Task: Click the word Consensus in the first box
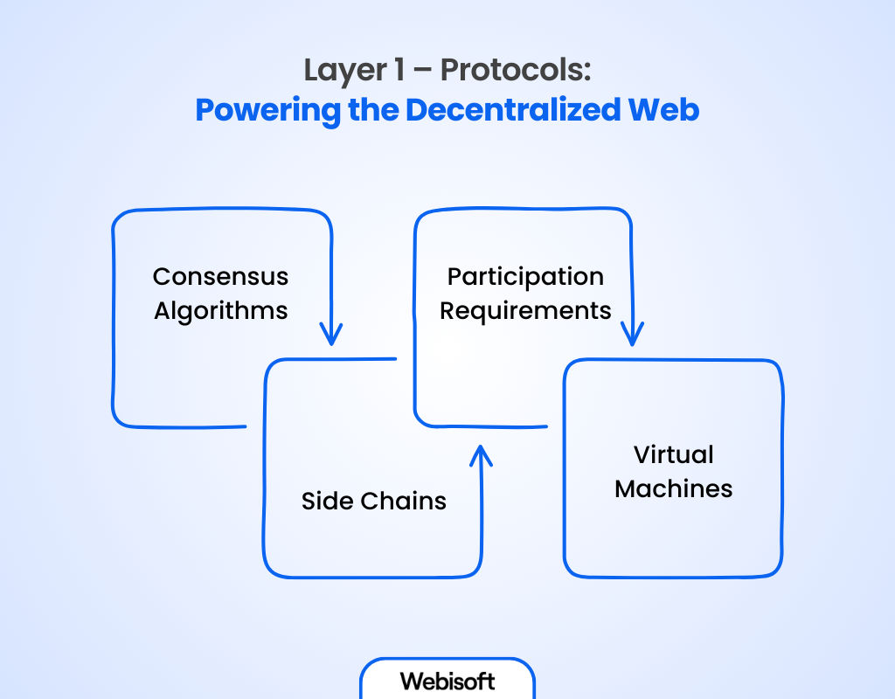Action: point(220,277)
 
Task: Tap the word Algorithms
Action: point(221,311)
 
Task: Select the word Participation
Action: point(525,277)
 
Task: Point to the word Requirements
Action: point(525,311)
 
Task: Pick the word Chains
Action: point(404,501)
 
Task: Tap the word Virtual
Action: point(674,455)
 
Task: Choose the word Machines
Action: point(674,489)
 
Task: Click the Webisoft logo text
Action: point(447,681)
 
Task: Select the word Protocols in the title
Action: point(515,70)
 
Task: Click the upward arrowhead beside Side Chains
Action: point(481,454)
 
